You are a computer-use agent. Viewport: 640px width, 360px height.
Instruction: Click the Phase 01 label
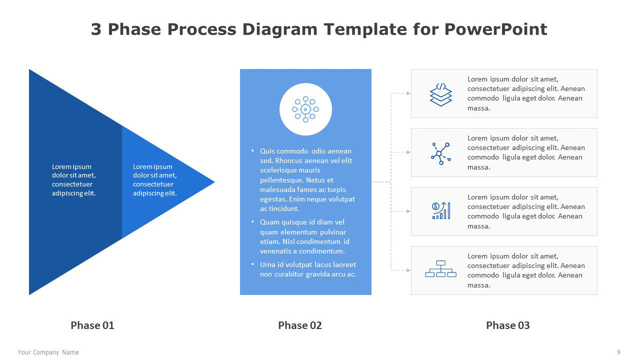92,325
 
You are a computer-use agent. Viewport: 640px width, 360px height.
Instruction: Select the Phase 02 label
299,325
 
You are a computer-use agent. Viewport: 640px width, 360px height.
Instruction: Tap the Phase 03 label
507,325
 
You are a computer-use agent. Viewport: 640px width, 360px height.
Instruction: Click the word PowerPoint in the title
495,29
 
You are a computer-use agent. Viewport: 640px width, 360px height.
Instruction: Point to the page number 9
618,352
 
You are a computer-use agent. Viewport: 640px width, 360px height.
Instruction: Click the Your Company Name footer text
48,352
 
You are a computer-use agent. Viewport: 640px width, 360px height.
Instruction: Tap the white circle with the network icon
305,109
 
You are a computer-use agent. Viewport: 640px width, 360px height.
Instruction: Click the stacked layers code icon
441,94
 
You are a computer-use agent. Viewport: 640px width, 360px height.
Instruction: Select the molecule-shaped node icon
441,153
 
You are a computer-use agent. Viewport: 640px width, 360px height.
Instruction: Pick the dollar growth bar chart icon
441,210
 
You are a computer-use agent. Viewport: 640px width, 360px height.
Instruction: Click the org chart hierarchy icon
441,269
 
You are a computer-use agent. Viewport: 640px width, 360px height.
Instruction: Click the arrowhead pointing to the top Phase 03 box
408,93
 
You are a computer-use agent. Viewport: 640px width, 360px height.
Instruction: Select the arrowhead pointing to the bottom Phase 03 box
408,270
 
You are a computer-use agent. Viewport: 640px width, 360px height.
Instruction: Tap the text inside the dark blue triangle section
73,180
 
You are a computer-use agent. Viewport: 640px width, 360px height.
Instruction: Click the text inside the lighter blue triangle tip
154,180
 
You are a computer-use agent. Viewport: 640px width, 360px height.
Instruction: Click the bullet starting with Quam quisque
304,236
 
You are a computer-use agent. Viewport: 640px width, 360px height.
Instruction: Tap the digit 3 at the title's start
96,29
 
